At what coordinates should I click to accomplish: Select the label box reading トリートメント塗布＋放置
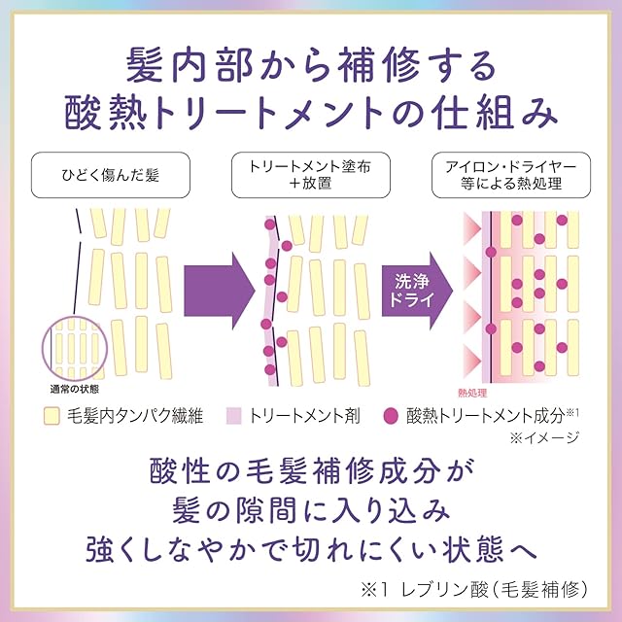tap(311, 178)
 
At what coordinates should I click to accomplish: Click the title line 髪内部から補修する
tap(311, 67)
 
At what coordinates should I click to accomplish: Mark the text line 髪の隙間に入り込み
tap(311, 510)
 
